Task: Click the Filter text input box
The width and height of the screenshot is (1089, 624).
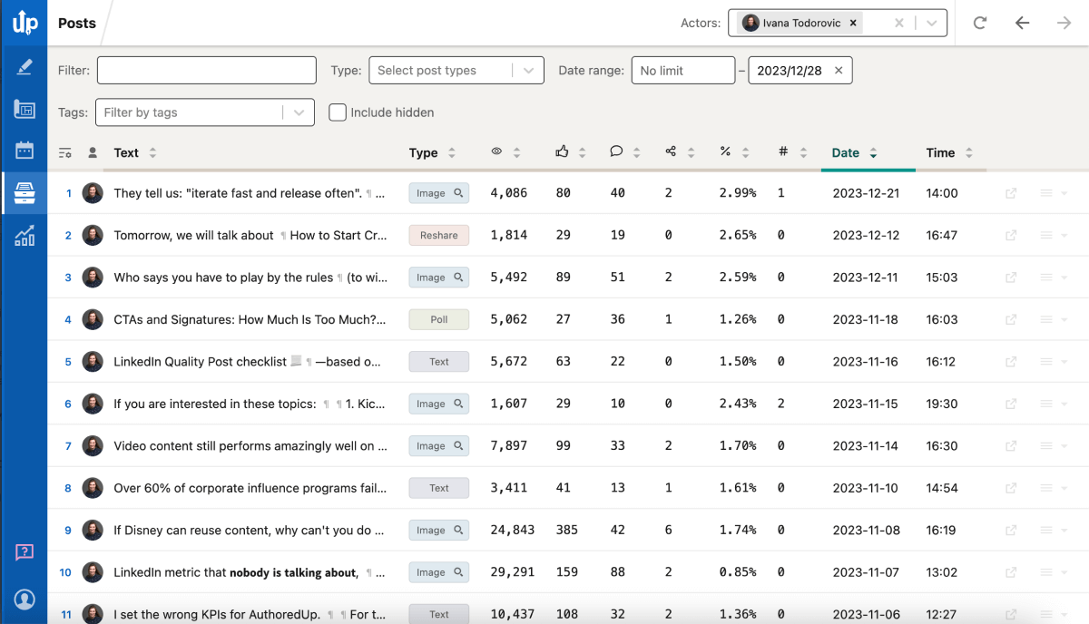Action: (x=206, y=71)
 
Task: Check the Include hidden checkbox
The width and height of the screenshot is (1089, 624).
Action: (x=338, y=112)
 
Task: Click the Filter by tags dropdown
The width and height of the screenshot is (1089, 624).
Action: (x=204, y=112)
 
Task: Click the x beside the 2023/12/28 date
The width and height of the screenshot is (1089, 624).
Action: (x=839, y=71)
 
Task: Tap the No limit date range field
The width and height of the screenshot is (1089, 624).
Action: (x=682, y=71)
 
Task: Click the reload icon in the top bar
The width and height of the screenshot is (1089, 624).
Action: (x=980, y=23)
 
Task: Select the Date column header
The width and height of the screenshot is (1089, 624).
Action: (x=846, y=153)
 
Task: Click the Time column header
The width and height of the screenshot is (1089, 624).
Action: (x=940, y=153)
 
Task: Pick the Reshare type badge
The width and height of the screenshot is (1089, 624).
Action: (x=439, y=235)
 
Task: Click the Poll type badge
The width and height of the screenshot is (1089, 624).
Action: (x=439, y=319)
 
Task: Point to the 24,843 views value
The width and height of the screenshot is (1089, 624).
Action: (x=512, y=530)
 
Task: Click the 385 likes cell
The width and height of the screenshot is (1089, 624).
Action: (x=566, y=530)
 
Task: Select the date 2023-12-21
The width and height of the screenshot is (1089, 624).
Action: (x=866, y=193)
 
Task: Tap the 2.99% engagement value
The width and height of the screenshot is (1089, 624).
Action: (x=737, y=193)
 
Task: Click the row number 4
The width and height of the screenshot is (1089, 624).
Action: (x=68, y=319)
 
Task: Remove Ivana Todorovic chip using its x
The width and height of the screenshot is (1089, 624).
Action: (x=853, y=24)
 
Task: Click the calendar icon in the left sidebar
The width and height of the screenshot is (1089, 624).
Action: (x=25, y=151)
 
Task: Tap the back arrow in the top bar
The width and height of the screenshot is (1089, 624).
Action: (x=1023, y=23)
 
